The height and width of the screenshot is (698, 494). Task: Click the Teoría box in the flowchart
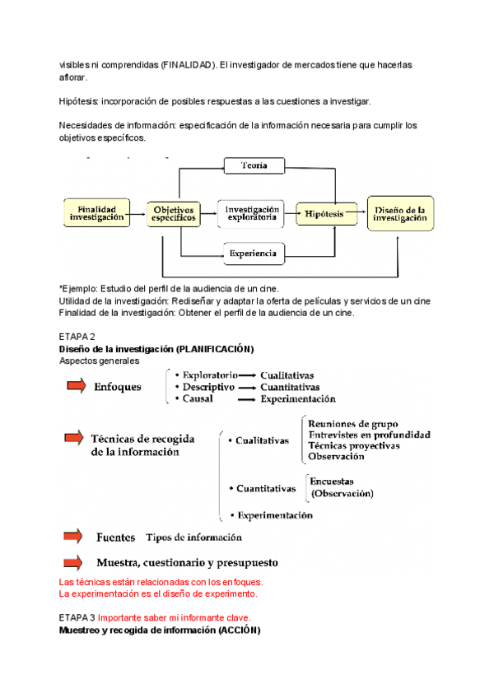254,166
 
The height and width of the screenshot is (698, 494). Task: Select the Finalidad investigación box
97,214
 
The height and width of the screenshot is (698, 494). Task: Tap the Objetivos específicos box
174,215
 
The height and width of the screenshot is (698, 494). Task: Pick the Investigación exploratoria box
253,214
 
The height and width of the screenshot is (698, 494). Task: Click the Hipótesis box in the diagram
326,214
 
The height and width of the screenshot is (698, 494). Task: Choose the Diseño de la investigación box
400,214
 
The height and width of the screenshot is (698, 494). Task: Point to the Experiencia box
254,253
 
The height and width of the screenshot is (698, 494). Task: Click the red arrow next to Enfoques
76,385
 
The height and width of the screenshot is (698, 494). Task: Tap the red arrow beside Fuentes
76,537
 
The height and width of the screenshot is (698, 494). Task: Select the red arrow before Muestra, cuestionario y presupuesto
76,563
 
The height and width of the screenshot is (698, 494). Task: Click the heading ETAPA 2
77,337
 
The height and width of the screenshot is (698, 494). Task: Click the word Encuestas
332,482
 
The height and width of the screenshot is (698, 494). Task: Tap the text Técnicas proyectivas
353,445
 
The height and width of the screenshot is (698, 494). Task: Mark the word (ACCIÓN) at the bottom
240,631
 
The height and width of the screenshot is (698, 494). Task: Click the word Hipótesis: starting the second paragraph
79,101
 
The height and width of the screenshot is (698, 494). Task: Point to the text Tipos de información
193,537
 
